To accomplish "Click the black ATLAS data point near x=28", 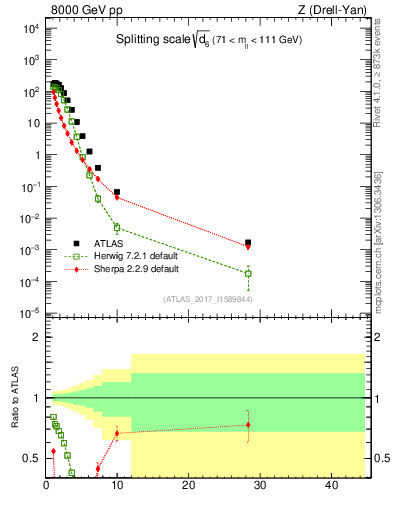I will (x=248, y=242).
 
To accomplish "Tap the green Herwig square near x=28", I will (x=248, y=273).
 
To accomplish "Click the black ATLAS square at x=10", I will (x=117, y=192).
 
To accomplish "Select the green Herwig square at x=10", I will (x=117, y=227).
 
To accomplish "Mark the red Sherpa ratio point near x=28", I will (x=248, y=425).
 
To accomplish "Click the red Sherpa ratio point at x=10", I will (x=117, y=433).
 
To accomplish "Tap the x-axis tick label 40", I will (x=330, y=485).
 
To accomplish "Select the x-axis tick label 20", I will (x=188, y=485).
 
